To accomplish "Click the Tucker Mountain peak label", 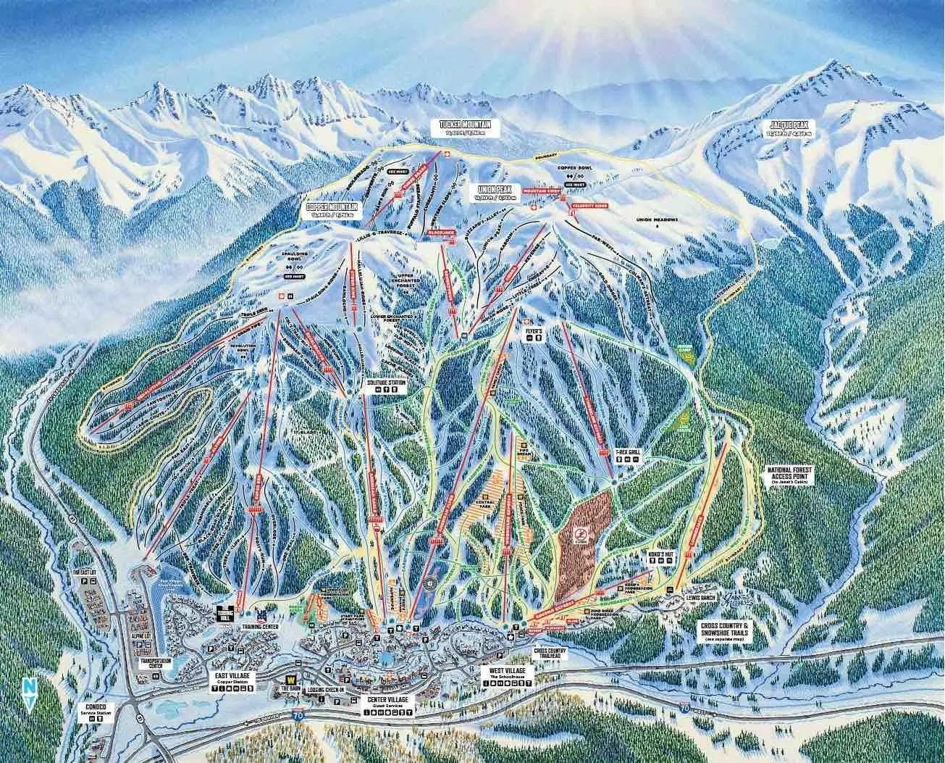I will coord(469,126).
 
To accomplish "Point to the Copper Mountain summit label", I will coord(332,210).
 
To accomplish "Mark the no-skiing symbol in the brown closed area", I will coord(580,537).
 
